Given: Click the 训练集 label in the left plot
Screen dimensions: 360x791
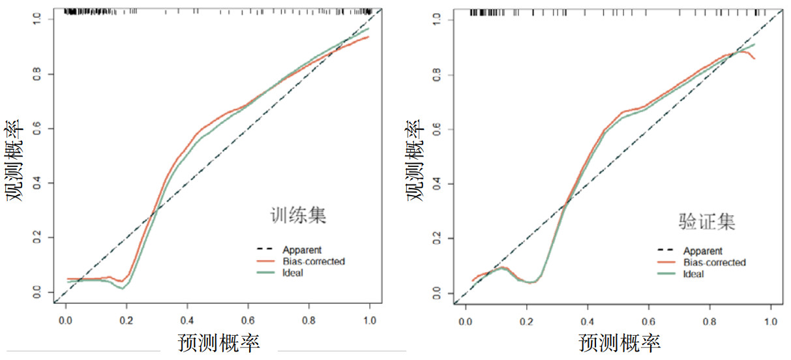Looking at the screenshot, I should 298,216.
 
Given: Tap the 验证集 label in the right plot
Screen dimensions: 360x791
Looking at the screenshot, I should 708,222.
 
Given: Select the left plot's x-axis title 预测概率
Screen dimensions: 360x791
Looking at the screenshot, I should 218,343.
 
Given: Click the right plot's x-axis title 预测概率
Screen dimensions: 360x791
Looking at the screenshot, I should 619,343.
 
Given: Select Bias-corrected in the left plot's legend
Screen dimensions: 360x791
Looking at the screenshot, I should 314,262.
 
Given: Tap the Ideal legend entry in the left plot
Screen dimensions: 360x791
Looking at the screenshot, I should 293,273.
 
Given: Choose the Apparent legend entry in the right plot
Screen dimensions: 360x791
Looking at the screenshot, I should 703,251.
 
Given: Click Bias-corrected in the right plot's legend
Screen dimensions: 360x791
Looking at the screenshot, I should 715,262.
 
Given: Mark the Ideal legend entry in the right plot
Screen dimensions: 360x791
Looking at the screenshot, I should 694,274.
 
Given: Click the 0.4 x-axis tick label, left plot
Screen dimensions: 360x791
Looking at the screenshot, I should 187,321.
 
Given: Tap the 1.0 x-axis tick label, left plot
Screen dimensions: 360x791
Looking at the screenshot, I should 370,321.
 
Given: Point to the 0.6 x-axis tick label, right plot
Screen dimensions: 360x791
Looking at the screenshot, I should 649,322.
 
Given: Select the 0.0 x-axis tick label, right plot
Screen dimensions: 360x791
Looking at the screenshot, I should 466,322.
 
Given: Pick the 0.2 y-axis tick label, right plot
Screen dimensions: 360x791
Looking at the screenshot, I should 438,239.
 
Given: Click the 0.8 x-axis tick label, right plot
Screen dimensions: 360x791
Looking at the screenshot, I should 709,322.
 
